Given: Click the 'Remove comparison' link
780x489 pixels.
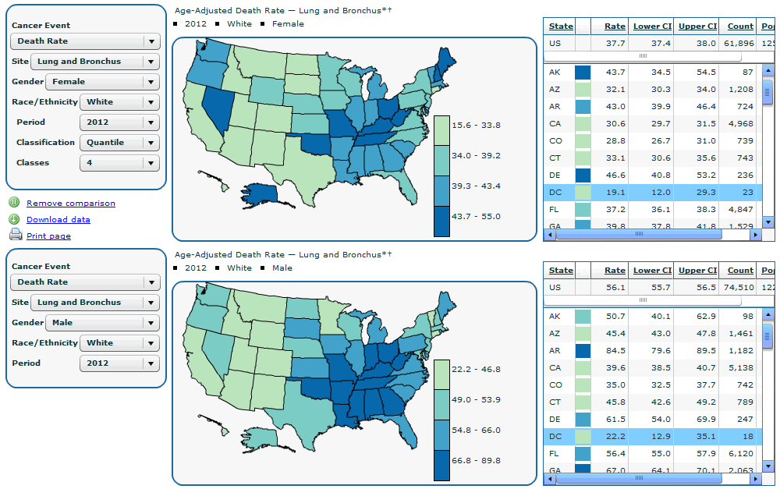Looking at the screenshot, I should click(70, 204).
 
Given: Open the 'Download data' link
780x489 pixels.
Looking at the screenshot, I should click(58, 220).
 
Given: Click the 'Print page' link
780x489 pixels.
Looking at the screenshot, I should click(48, 236).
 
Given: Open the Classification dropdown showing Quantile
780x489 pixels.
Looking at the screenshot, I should click(119, 143).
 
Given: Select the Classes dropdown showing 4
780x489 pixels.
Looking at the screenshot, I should click(119, 163).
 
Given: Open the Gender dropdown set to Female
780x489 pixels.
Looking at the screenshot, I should click(102, 82).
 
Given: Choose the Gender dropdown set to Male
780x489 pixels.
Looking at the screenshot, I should click(102, 323).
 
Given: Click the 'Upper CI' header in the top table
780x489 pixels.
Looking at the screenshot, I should click(696, 27).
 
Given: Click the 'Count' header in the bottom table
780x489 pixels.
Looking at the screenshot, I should click(740, 271).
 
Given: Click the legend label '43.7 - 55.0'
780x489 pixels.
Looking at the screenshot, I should click(477, 217).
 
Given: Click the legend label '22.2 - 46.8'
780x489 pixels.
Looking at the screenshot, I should click(477, 370).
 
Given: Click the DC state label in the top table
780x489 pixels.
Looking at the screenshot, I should click(555, 193).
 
